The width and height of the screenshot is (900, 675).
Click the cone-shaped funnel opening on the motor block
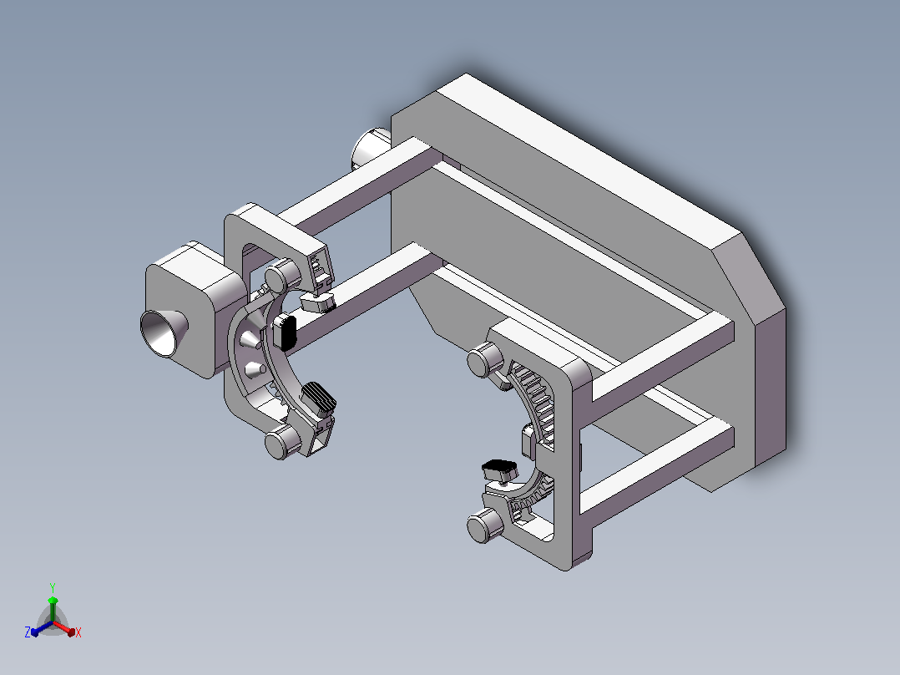(164, 333)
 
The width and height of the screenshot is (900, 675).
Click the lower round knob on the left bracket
(282, 442)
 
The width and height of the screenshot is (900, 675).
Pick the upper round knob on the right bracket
(485, 360)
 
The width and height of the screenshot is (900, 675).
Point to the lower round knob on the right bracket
(485, 526)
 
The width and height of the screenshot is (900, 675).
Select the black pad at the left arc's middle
(285, 332)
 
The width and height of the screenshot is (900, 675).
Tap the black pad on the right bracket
(499, 470)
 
